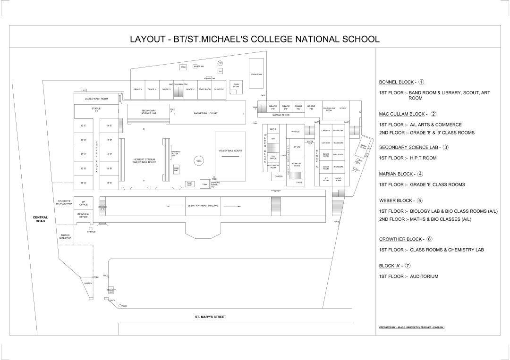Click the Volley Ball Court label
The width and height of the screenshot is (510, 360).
pos(230,151)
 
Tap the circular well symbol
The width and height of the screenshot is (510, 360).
pos(199,161)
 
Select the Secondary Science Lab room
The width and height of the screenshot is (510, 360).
pos(148,112)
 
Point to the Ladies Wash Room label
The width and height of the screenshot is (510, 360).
pos(96,99)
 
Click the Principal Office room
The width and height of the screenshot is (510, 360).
pos(83,216)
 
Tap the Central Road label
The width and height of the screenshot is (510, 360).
pos(40,219)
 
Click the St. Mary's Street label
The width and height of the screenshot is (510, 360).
pos(211,317)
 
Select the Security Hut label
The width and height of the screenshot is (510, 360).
pos(111,291)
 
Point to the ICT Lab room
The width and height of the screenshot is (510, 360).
pos(297,147)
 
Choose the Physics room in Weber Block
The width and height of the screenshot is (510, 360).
pos(296,132)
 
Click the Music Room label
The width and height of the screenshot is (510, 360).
pos(338,179)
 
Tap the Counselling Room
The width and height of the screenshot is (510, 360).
pos(329,109)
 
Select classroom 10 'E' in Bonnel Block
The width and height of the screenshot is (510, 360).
pos(83,126)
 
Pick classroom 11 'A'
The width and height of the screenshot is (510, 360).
pos(109,183)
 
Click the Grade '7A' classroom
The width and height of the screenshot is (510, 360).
pos(272,108)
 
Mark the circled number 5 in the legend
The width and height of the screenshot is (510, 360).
pos(419,201)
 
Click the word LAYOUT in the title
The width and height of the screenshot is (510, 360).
pos(148,39)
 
